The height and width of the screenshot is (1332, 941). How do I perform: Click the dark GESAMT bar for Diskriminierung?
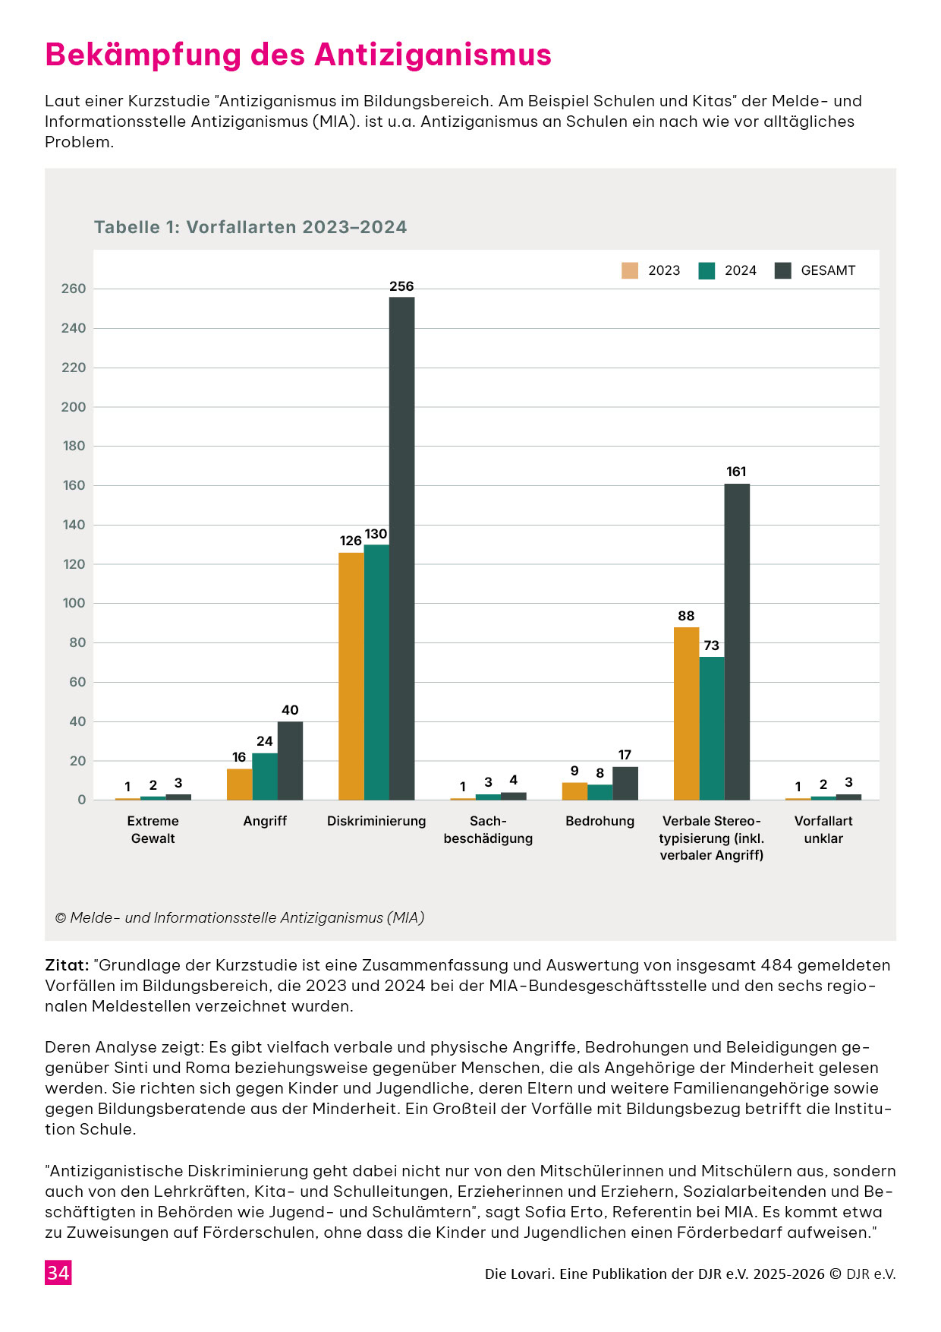[402, 548]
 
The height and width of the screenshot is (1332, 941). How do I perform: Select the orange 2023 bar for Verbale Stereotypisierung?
[686, 714]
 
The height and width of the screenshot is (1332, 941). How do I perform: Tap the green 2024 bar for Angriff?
[265, 776]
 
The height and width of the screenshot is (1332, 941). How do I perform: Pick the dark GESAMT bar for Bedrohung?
[625, 784]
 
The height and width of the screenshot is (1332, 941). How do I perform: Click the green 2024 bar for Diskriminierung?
[376, 672]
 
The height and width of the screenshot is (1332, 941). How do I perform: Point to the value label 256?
[401, 286]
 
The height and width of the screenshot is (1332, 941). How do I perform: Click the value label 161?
[736, 472]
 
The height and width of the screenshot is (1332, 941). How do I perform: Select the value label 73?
[711, 645]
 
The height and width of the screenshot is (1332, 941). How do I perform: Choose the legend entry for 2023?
[651, 270]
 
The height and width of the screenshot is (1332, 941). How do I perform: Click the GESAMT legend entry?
[815, 270]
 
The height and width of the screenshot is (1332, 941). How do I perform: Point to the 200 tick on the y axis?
[74, 407]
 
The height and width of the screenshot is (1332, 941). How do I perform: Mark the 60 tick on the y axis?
[77, 682]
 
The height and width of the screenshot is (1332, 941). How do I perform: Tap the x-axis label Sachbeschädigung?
[488, 829]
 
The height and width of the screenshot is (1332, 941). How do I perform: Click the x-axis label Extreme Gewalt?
[153, 829]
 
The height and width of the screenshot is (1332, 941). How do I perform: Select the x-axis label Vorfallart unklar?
[823, 829]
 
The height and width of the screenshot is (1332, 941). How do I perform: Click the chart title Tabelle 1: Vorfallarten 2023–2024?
[250, 227]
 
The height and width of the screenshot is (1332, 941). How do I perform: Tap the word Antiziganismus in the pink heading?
[433, 55]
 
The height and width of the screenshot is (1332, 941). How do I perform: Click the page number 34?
[58, 1273]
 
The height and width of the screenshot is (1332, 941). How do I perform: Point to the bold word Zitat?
[68, 965]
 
